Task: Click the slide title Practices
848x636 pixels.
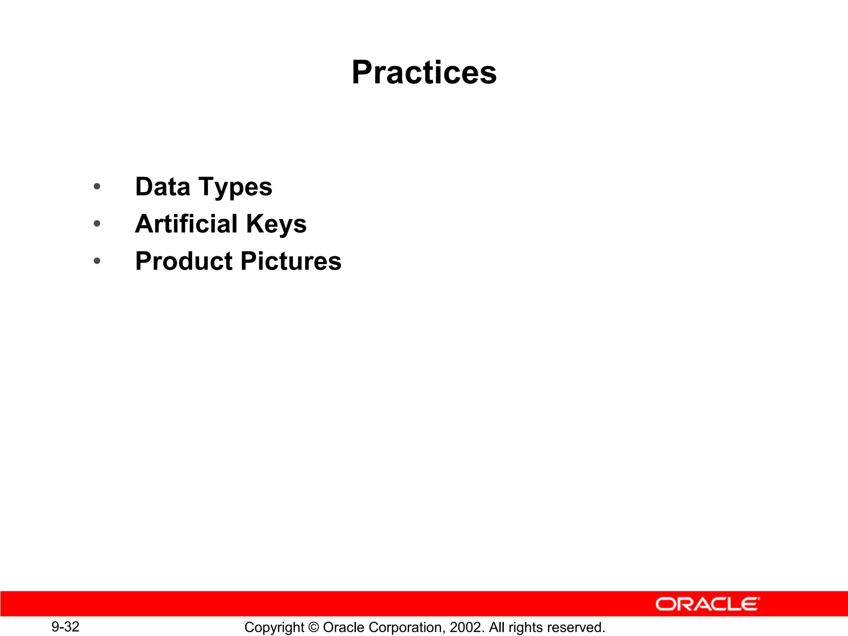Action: coord(424,72)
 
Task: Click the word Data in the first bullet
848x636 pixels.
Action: coord(162,187)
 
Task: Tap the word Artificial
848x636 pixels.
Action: coord(186,224)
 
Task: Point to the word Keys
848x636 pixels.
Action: coord(276,224)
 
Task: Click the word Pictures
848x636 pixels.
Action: coord(291,261)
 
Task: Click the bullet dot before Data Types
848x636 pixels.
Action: coord(97,186)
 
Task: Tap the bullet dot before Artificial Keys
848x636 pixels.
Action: coord(97,224)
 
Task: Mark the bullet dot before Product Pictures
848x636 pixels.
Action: coord(97,261)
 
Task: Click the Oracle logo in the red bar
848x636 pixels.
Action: coord(708,604)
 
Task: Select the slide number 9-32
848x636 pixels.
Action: coord(65,626)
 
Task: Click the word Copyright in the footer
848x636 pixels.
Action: coord(274,627)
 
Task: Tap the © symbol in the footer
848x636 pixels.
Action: coord(313,627)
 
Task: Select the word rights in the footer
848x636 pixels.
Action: coord(526,627)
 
